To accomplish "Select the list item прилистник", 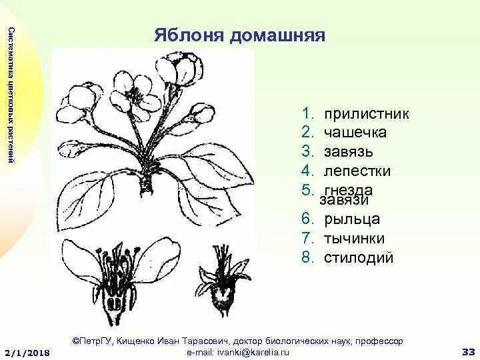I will tap(366, 114).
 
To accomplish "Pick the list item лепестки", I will tap(357, 171).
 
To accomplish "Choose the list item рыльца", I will tap(352, 219).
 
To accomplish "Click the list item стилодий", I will tap(359, 257).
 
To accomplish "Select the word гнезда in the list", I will tap(349, 189).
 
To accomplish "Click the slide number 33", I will tap(467, 351).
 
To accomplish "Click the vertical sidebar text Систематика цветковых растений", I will tap(10, 93).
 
